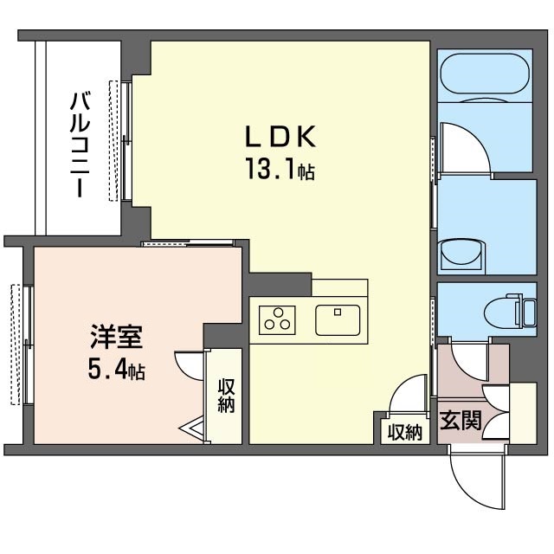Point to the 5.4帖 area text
(115, 371)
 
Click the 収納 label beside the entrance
(404, 430)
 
